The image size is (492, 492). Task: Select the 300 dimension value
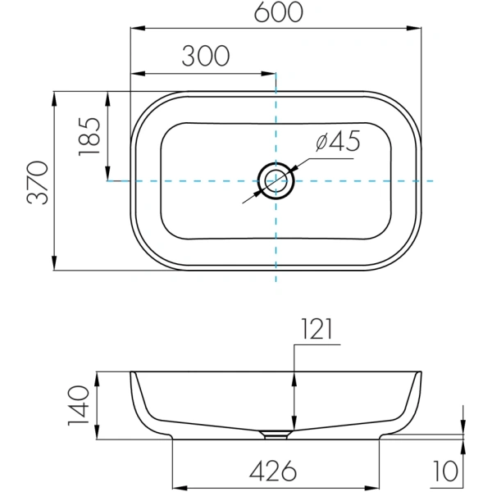click(204, 56)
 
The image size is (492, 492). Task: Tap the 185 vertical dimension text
click(90, 135)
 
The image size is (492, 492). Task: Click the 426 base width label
click(275, 471)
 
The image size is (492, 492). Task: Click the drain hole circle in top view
click(276, 180)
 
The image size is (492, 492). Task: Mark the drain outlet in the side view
click(276, 432)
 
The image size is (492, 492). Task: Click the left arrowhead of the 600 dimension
click(136, 30)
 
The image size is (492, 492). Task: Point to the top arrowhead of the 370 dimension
click(54, 95)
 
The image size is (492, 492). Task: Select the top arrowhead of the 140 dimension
click(98, 377)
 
